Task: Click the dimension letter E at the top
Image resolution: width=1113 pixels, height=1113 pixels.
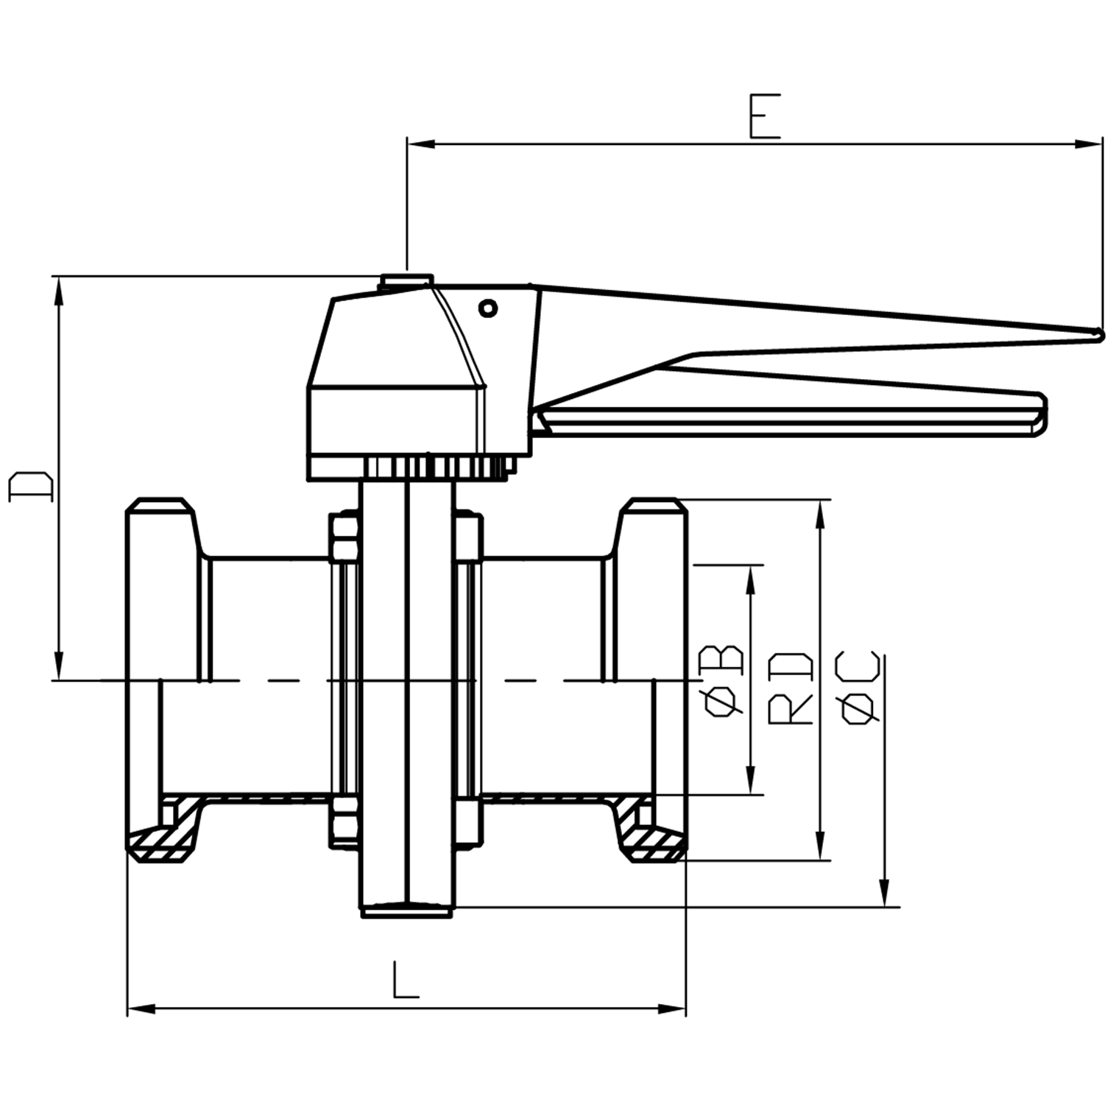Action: point(764,116)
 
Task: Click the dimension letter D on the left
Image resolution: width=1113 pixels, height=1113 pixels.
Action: point(31,487)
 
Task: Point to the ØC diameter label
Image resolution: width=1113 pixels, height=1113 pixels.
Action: point(858,688)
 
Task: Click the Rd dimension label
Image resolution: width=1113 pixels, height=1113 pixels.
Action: point(791,688)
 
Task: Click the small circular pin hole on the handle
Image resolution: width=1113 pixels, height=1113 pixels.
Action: point(488,308)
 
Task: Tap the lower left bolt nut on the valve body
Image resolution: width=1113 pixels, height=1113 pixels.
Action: point(344,819)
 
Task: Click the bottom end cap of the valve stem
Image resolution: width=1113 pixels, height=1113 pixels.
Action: point(407,911)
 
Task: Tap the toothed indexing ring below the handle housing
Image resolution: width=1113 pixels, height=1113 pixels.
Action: point(434,467)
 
